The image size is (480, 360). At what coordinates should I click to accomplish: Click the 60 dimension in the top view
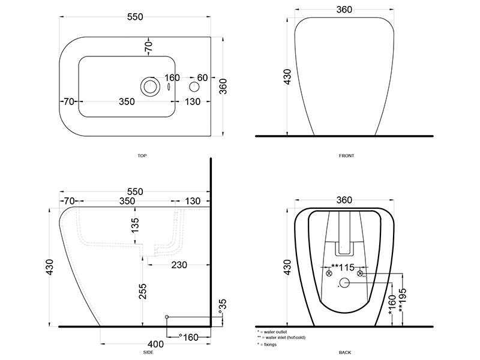click(202, 78)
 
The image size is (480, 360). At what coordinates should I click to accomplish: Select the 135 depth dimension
click(134, 224)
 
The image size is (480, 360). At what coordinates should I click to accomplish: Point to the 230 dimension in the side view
click(179, 265)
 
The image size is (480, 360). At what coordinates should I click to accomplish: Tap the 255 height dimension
click(143, 291)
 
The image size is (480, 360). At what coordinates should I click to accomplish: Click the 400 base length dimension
click(155, 344)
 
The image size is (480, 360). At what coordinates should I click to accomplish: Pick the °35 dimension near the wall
click(223, 306)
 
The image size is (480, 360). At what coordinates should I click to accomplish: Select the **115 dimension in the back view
click(343, 267)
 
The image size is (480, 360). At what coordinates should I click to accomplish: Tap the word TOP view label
click(142, 156)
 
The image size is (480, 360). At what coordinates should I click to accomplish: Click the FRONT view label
click(347, 156)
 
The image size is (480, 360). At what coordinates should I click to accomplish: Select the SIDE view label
click(148, 352)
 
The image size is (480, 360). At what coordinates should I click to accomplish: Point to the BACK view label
click(345, 352)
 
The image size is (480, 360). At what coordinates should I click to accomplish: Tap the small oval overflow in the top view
click(169, 87)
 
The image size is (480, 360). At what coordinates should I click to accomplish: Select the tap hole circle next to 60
click(194, 87)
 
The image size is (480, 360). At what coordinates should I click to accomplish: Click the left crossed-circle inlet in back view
click(329, 274)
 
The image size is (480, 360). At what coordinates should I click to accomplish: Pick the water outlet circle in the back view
click(344, 283)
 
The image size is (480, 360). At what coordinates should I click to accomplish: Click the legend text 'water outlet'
click(275, 332)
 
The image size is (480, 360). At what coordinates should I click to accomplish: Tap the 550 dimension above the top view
click(135, 17)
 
